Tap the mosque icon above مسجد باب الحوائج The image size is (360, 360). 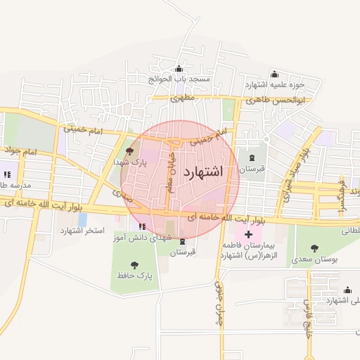pyautogui.click(x=179, y=69)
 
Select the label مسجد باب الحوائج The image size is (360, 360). pyautogui.click(x=179, y=79)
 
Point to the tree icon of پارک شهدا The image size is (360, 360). pyautogui.click(x=128, y=151)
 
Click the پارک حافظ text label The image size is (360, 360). pyautogui.click(x=135, y=276)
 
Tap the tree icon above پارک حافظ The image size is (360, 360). pyautogui.click(x=134, y=265)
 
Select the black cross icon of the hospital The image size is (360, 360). pyautogui.click(x=248, y=233)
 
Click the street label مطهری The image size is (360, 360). pyautogui.click(x=181, y=99)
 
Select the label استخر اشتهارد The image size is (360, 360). pyautogui.click(x=82, y=231)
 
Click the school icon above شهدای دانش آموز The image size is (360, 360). pyautogui.click(x=143, y=226)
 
